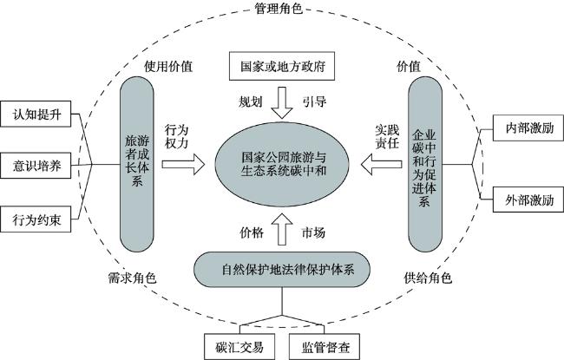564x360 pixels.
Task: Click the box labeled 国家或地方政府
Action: point(282,66)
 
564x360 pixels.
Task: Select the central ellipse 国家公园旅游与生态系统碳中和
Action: point(282,164)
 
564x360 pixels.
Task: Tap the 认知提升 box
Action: point(36,114)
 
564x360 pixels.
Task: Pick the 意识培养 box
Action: point(36,166)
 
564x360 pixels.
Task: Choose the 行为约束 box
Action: point(36,219)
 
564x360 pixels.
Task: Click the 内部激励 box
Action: point(528,128)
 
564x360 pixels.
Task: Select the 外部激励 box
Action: point(528,200)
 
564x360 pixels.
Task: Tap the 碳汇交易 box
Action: point(239,347)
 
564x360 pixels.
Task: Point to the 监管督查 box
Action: point(325,347)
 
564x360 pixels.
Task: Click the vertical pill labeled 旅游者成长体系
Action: point(137,164)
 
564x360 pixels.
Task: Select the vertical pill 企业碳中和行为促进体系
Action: point(425,164)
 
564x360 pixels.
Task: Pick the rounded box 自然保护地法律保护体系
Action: point(282,270)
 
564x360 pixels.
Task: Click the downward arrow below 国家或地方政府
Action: point(282,103)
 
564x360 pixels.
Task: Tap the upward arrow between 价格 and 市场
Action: point(282,229)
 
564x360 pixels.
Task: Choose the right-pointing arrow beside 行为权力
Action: point(183,164)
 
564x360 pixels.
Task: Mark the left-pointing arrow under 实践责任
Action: point(381,164)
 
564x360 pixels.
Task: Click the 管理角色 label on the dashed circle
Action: point(279,8)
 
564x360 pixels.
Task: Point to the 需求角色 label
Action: point(132,278)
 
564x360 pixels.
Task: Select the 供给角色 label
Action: point(428,278)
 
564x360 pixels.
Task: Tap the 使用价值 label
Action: point(168,66)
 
